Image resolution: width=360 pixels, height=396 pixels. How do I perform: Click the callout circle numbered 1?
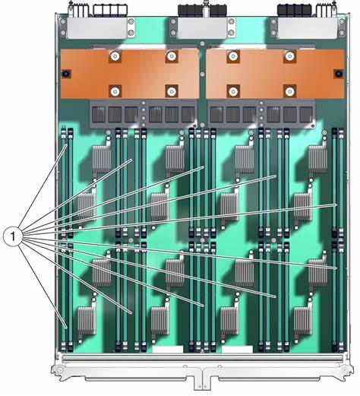(x=13, y=236)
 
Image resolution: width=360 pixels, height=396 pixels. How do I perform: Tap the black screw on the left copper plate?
(x=67, y=74)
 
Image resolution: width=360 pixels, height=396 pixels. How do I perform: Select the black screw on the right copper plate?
(x=338, y=74)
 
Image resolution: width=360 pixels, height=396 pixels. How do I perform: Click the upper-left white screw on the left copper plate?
(x=115, y=55)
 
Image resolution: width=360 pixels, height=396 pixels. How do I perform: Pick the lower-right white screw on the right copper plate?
(x=289, y=91)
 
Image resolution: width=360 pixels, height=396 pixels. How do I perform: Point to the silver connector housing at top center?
(x=202, y=28)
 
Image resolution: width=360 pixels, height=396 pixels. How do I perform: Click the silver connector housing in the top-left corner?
(x=96, y=28)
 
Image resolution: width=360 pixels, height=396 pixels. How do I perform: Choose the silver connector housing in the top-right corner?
(x=308, y=28)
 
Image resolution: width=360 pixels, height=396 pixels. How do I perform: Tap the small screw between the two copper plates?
(x=202, y=74)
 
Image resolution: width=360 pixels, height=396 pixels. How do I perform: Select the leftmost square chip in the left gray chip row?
(x=99, y=115)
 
